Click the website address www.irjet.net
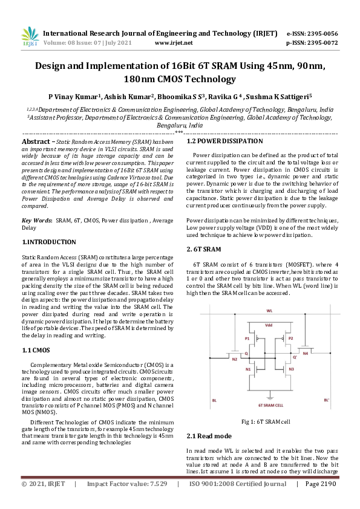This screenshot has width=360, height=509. pyautogui.click(x=174, y=43)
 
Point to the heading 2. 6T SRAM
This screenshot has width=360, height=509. pyautogui.click(x=204, y=249)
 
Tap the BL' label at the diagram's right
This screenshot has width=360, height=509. pyautogui.click(x=327, y=400)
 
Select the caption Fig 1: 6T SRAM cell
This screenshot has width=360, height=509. pyautogui.click(x=266, y=421)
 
